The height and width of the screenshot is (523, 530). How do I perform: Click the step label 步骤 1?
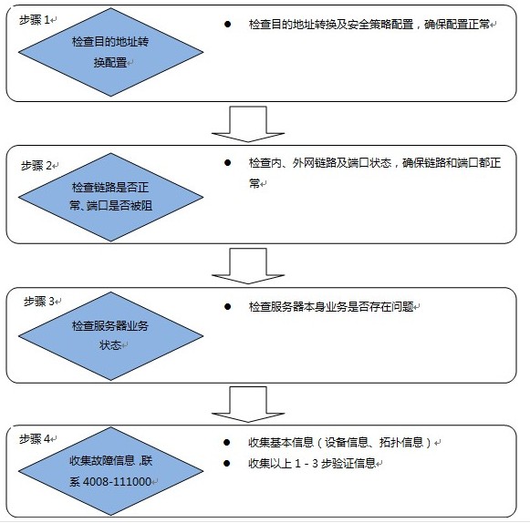tap(35, 20)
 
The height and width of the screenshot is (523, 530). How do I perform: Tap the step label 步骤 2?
tap(36, 166)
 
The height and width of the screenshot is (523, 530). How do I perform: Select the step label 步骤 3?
tap(39, 302)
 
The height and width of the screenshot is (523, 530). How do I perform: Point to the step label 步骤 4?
tap(35, 438)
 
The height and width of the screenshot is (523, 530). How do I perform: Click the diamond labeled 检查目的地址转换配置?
tap(111, 52)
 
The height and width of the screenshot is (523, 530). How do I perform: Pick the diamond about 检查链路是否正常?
tap(111, 197)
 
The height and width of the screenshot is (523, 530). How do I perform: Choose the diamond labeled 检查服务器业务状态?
tap(111, 336)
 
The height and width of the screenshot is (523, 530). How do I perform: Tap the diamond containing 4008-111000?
tap(111, 471)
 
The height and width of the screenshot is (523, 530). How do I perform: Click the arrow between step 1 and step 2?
tap(248, 124)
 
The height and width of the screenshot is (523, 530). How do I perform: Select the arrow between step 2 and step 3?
tap(248, 266)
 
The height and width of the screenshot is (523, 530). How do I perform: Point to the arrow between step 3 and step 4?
tap(248, 405)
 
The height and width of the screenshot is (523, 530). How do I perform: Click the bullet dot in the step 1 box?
tap(227, 24)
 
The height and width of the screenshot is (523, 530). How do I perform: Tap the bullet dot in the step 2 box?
tap(227, 163)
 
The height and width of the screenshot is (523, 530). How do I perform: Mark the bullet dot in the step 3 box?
tap(227, 306)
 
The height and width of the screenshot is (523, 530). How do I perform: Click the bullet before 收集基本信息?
tap(227, 442)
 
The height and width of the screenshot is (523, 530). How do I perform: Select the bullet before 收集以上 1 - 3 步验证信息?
tap(227, 463)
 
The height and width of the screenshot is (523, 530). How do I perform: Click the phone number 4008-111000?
tap(117, 481)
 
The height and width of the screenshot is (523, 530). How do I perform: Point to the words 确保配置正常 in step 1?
tap(457, 25)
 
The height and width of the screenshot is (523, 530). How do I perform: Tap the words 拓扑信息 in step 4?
tap(401, 442)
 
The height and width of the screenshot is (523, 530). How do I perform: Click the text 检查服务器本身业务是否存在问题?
tap(331, 306)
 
